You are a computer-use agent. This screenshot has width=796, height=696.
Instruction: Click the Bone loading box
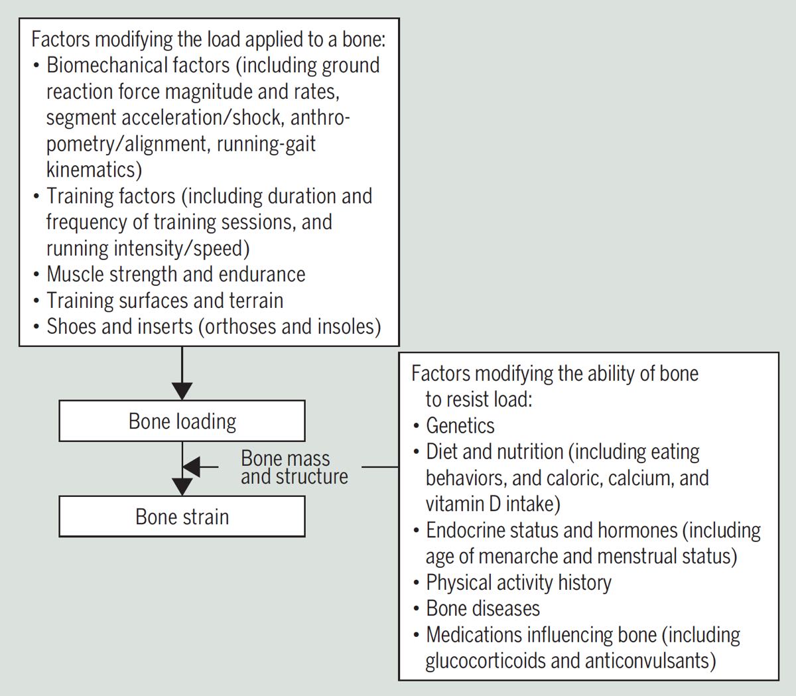click(x=182, y=421)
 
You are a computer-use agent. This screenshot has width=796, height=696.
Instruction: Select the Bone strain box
click(x=182, y=516)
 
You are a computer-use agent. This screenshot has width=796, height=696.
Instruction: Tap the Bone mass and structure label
click(x=294, y=467)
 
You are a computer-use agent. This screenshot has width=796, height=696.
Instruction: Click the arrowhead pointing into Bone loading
click(x=182, y=391)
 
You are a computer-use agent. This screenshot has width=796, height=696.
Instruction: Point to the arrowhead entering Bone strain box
click(x=182, y=487)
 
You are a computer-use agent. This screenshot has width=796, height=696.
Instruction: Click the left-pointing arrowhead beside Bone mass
click(x=191, y=466)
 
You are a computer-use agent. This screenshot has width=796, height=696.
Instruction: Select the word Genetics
click(x=460, y=425)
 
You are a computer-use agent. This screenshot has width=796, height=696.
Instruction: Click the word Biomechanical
click(x=138, y=65)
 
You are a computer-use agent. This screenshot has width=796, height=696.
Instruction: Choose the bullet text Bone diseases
click(x=483, y=608)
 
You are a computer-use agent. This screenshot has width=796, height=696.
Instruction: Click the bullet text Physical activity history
click(x=519, y=583)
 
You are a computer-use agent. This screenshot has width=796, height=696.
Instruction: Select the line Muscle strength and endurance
click(x=176, y=274)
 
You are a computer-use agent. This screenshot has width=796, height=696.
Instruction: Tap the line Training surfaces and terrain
click(x=165, y=301)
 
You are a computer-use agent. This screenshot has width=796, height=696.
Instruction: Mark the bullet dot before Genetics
click(x=417, y=426)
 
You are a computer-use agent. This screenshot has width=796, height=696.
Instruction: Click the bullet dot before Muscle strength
click(x=36, y=275)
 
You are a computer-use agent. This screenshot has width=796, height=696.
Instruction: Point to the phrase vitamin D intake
click(x=493, y=504)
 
